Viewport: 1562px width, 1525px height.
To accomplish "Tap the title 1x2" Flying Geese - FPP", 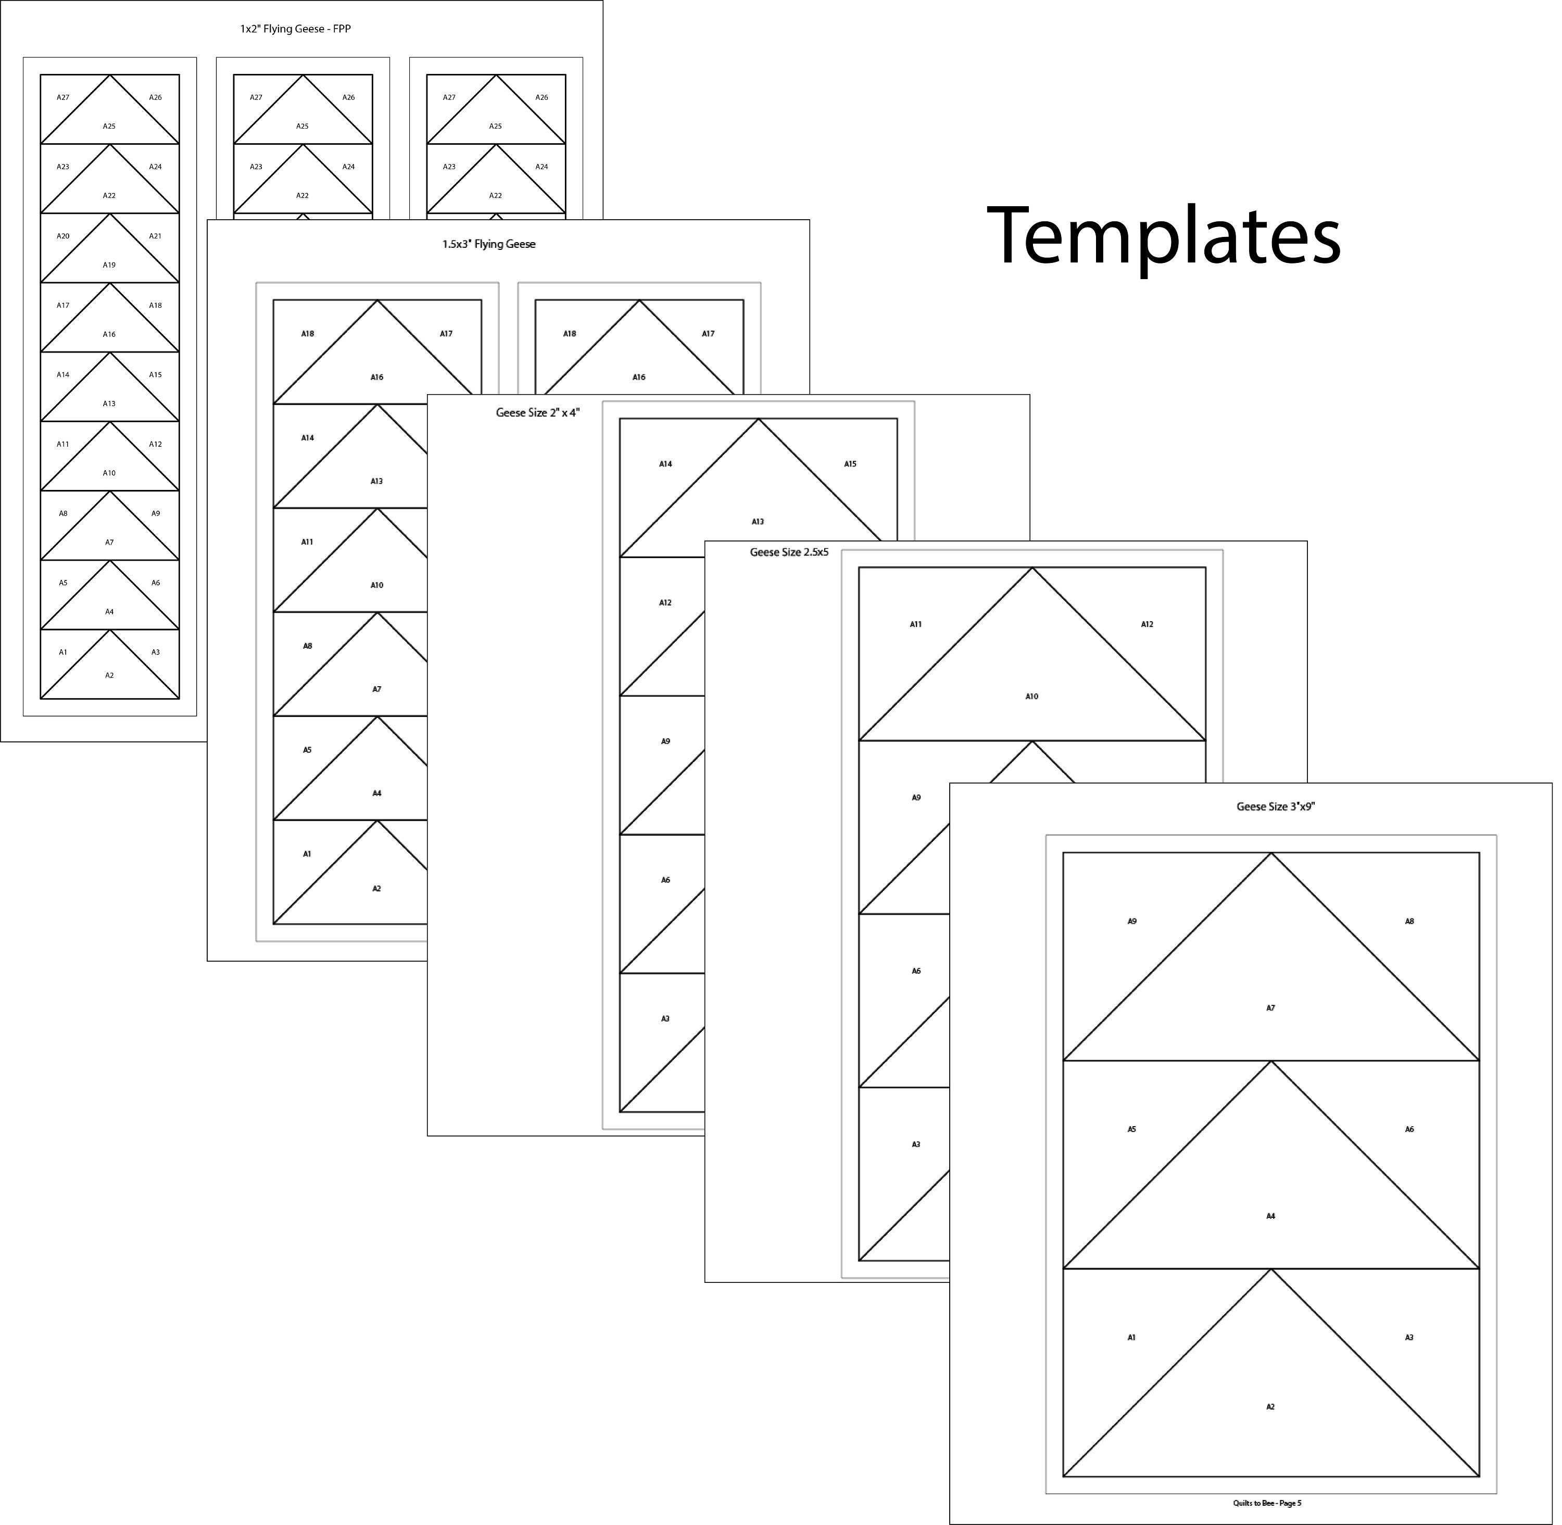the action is (x=296, y=29).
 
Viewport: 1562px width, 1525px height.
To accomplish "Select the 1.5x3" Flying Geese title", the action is (x=488, y=244).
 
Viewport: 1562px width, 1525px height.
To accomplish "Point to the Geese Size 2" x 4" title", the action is (x=537, y=412).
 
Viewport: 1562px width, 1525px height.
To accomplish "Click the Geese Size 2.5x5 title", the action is (x=789, y=552).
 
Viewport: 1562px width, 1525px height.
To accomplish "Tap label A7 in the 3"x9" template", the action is (x=1270, y=1007).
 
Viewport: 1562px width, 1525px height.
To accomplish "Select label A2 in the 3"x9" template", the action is (x=1270, y=1406).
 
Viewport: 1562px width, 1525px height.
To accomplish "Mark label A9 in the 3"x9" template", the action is (x=1132, y=921).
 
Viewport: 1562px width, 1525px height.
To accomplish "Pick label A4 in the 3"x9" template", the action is (x=1270, y=1216).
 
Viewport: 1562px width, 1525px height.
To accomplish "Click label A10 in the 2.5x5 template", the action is (x=1032, y=696).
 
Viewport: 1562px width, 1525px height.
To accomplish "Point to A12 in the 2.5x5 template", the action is (x=1147, y=624).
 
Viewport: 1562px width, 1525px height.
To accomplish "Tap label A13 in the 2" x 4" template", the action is (x=758, y=521).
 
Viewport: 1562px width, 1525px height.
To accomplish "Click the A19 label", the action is (x=109, y=264).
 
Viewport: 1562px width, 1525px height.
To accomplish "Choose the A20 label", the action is (x=64, y=236).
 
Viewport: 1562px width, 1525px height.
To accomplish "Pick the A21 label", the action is (x=155, y=236).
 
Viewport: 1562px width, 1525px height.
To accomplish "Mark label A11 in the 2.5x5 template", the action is (x=915, y=624).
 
